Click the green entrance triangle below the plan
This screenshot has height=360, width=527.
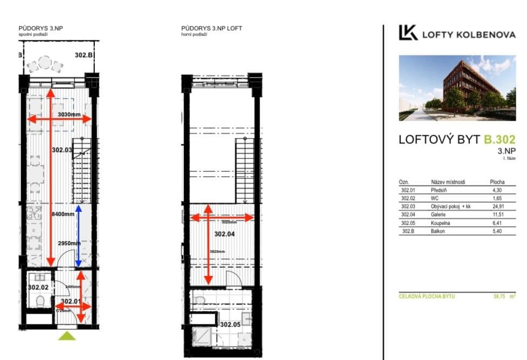point(67,335)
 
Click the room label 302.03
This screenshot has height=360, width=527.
point(62,150)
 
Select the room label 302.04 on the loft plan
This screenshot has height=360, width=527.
point(225,234)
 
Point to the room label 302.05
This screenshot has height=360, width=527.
point(230,324)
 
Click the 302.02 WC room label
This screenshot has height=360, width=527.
point(38,287)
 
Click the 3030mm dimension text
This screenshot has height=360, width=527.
point(69,115)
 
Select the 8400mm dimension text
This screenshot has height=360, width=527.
point(63,214)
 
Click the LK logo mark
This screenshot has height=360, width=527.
point(408,33)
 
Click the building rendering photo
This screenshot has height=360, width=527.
point(457,88)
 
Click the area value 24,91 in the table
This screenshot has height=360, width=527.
point(497,206)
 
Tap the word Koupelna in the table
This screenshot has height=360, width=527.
point(441,223)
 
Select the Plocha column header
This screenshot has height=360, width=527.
point(497,182)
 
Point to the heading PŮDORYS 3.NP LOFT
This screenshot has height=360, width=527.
point(208,29)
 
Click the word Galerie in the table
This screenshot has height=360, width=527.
point(438,214)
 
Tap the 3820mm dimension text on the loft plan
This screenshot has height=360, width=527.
point(216,251)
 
